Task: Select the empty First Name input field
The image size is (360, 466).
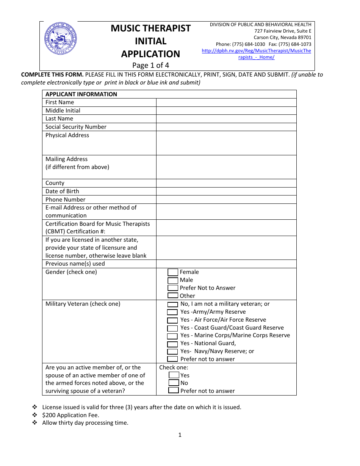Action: coord(226,102)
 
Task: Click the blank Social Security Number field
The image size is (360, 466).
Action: coord(226,127)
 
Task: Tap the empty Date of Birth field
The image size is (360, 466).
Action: coord(226,191)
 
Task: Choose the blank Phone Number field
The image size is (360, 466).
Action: coord(226,200)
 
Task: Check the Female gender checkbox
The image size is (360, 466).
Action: coord(173,272)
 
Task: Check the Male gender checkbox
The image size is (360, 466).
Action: coord(173,280)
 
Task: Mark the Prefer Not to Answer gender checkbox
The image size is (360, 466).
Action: coord(173,288)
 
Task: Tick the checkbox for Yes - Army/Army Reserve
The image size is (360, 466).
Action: coord(172,312)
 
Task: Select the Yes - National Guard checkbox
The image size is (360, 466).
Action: coord(172,344)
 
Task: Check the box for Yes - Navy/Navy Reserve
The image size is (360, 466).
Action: coord(172,352)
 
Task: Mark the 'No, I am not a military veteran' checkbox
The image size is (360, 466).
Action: coord(172,304)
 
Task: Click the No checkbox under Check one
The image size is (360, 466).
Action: coord(174,383)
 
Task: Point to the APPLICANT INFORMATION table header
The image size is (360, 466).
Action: coord(81,94)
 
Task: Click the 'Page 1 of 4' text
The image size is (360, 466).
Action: coord(150,65)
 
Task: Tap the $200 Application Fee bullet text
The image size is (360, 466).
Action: coord(71,415)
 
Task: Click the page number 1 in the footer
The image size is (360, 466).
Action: coord(180,435)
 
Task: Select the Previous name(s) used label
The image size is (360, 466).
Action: coord(75,264)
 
